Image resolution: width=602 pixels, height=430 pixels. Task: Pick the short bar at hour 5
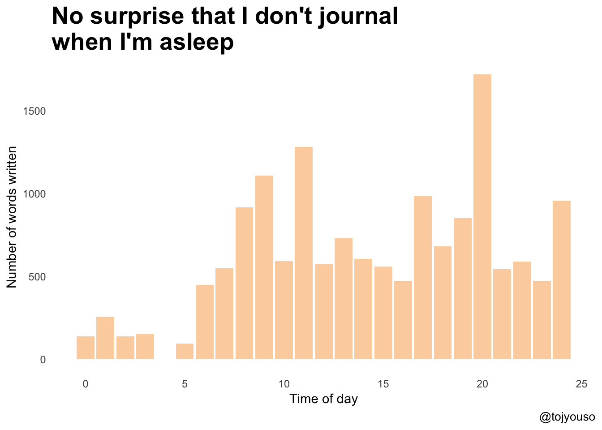(x=185, y=352)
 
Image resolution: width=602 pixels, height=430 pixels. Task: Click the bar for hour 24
(x=562, y=280)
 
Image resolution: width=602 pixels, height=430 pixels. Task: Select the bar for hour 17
(x=423, y=278)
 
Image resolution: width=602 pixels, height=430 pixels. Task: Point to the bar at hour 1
(x=105, y=338)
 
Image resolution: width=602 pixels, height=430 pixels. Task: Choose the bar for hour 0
(x=86, y=348)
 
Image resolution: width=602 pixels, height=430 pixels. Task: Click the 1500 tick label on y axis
(x=34, y=112)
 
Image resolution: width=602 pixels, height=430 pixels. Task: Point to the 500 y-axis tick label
(x=38, y=277)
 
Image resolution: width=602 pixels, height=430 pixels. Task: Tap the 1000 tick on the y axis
(x=34, y=194)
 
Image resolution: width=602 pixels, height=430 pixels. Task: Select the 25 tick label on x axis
(x=581, y=384)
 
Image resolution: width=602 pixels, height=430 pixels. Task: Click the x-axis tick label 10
(x=284, y=384)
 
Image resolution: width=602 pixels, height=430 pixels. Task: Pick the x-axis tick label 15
(x=383, y=384)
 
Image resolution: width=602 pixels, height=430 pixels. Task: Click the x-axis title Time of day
(x=323, y=399)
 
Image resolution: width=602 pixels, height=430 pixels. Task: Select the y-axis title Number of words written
(x=12, y=217)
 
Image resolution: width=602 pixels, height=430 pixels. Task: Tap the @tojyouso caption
(x=567, y=417)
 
